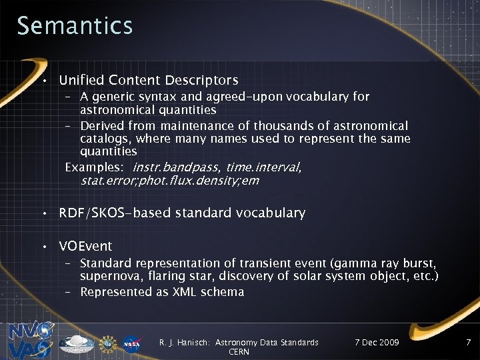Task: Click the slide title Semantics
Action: pyautogui.click(x=75, y=26)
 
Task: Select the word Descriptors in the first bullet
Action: pyautogui.click(x=201, y=81)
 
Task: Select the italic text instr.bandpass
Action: pyautogui.click(x=176, y=167)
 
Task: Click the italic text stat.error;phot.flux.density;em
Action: pyautogui.click(x=170, y=180)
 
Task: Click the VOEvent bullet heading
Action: pyautogui.click(x=85, y=246)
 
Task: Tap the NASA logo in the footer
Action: pyautogui.click(x=131, y=343)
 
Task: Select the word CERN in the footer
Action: pyautogui.click(x=239, y=352)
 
